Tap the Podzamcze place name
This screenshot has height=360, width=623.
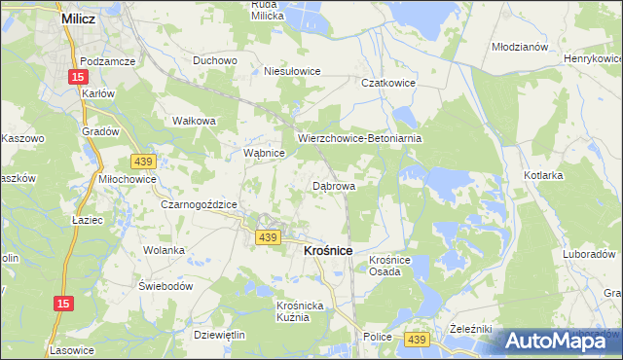(x=107, y=59)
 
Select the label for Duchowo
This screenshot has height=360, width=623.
(x=215, y=60)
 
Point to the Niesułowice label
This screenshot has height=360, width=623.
(x=292, y=71)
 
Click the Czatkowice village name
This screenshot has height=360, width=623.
(x=388, y=84)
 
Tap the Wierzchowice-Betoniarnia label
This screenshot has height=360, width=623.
(x=359, y=139)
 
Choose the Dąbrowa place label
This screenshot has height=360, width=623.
(x=333, y=184)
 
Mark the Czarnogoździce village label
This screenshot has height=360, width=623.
(x=199, y=204)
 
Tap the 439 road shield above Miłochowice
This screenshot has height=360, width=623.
(x=143, y=160)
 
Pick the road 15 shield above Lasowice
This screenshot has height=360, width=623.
(x=62, y=306)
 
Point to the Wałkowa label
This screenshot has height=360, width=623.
(x=193, y=122)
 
